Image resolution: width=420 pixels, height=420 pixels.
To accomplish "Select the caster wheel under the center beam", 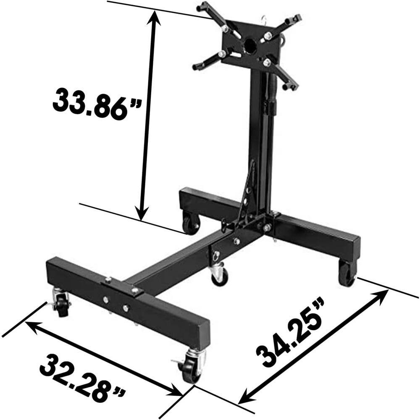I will click(x=220, y=276).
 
